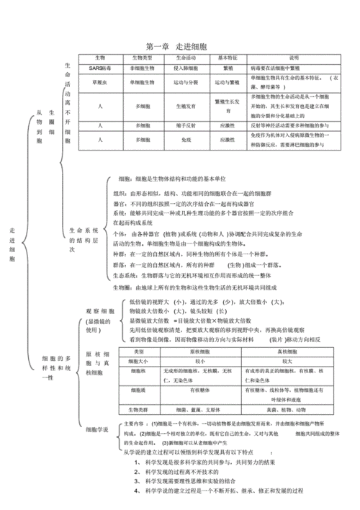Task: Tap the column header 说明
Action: click(293, 58)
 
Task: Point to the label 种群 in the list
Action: click(120, 255)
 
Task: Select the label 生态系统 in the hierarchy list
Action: click(126, 275)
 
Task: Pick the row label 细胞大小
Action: click(138, 360)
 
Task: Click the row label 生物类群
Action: click(138, 409)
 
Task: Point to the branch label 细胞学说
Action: click(96, 430)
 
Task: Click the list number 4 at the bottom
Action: click(136, 490)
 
